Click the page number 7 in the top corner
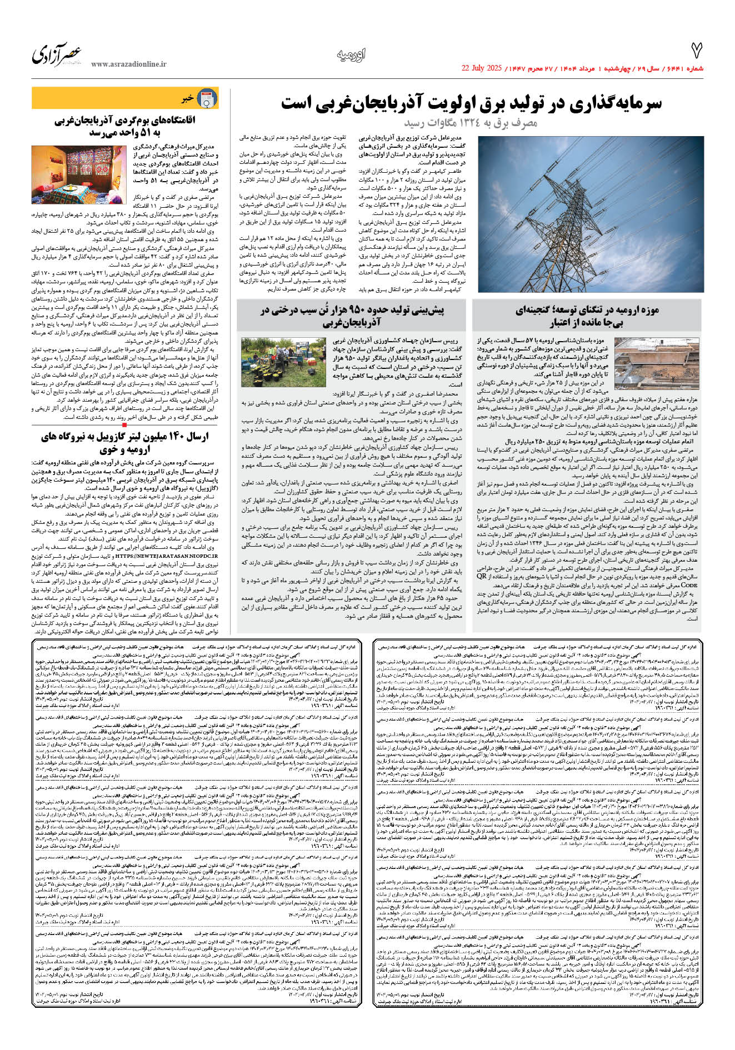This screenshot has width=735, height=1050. click(x=696, y=51)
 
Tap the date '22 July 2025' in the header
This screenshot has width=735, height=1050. click(x=482, y=68)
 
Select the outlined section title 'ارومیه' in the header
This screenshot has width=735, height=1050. click(x=351, y=54)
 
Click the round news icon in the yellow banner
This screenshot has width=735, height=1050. click(x=207, y=99)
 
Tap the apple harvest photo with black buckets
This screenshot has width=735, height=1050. click(x=283, y=362)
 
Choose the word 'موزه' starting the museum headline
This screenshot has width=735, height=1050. click(x=648, y=310)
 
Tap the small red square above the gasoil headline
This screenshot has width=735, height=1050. click(x=124, y=425)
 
